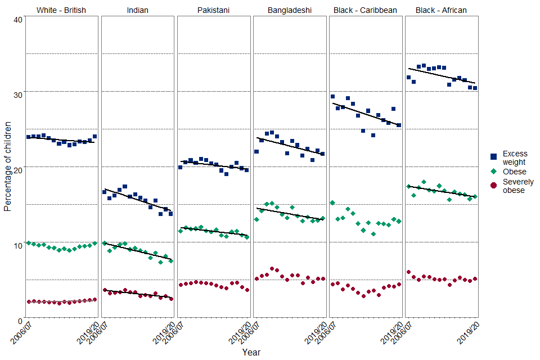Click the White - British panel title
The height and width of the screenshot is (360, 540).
61,10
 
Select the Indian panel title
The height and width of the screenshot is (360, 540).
137,10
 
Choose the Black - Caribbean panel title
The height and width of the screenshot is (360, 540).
365,10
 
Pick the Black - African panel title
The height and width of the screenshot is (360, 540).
441,10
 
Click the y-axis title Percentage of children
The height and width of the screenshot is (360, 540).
7,169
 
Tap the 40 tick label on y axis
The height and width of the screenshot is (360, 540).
17,20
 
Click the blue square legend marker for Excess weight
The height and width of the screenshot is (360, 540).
493,157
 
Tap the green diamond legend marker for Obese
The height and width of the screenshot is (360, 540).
493,172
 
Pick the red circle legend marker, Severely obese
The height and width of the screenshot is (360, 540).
493,186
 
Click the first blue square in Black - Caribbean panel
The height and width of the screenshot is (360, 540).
332,97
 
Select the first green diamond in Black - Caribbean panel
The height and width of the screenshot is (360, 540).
332,202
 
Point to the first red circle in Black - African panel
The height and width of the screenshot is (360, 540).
408,272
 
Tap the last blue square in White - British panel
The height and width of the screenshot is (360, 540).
94,136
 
